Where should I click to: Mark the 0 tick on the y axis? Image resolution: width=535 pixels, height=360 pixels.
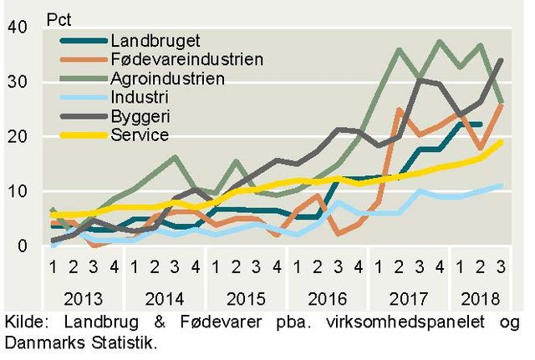[23, 246]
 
